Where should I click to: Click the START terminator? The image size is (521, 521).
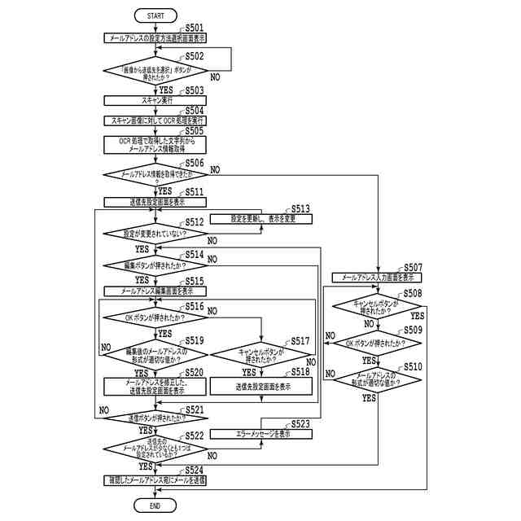tap(155, 15)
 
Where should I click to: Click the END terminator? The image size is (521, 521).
tap(155, 506)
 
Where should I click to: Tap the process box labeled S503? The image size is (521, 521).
tap(155, 100)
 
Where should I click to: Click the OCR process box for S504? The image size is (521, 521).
tap(155, 120)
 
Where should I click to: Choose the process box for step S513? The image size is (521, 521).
tap(261, 218)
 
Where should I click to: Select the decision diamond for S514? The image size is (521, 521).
tap(155, 265)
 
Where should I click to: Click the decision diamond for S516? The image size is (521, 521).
tap(155, 317)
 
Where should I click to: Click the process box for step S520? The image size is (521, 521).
tap(155, 387)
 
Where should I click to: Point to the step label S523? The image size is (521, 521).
tap(300, 424)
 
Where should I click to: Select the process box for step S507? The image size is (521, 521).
tap(377, 278)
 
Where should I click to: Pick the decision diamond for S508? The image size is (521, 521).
tap(377, 306)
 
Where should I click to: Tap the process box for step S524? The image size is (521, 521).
tap(155, 481)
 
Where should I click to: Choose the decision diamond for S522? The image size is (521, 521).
tap(155, 449)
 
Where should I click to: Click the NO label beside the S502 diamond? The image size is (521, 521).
tap(215, 77)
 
